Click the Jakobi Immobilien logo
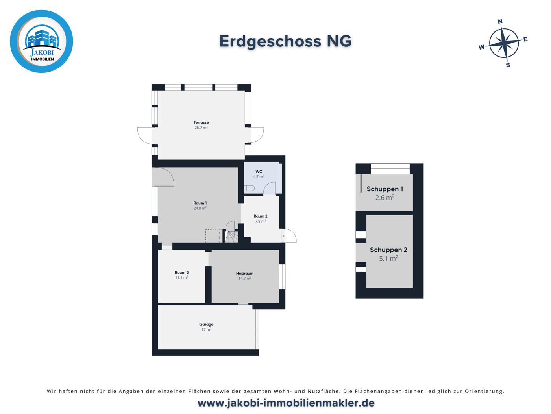[41, 41]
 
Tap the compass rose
[504, 43]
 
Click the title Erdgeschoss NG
[285, 41]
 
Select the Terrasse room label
[201, 122]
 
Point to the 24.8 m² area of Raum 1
[200, 209]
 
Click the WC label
[259, 172]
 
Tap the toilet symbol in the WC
[249, 189]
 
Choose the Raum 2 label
[261, 216]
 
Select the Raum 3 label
[181, 272]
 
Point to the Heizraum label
[245, 273]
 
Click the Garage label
[206, 324]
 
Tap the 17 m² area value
[206, 330]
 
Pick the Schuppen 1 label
[385, 189]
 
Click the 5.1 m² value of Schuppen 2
[388, 259]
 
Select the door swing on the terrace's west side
[144, 135]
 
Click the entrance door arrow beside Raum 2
[283, 236]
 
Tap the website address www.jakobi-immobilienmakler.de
[286, 403]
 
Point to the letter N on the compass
[500, 22]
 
